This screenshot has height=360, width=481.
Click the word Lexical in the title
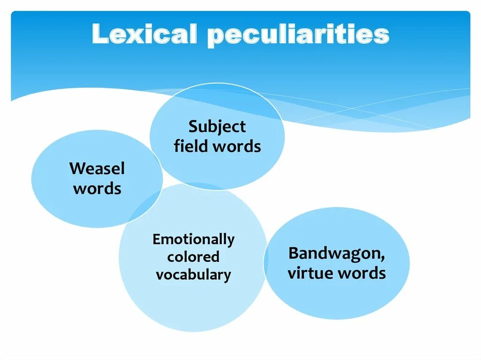tap(145, 35)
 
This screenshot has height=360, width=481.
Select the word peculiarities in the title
tap(298, 36)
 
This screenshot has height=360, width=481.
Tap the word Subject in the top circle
tap(217, 127)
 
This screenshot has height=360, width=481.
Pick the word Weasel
tap(97, 168)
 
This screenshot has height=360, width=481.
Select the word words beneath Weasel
tap(97, 189)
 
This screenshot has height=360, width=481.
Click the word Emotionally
tap(193, 239)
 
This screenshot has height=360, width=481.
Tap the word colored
tap(193, 257)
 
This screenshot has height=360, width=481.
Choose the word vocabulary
tap(193, 275)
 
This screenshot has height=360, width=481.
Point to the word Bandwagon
tap(335, 253)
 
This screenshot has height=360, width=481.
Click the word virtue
tap(310, 273)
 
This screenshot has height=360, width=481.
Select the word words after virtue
tap(362, 273)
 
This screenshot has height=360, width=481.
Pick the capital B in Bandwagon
tap(293, 253)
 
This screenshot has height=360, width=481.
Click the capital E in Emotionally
tap(156, 239)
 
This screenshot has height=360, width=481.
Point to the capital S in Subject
tap(193, 127)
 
